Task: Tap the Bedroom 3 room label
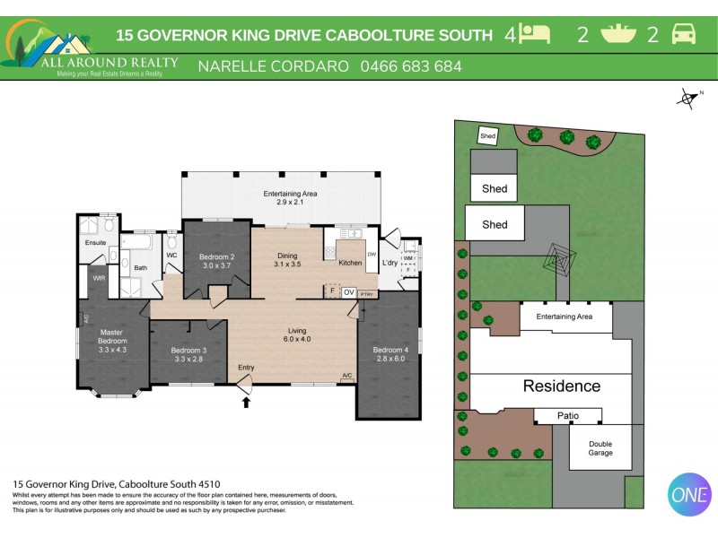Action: (x=189, y=351)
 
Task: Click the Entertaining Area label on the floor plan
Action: (x=290, y=194)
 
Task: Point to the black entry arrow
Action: (x=246, y=403)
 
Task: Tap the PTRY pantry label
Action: (x=365, y=293)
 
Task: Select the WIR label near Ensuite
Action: (x=99, y=278)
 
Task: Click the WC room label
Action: (x=171, y=256)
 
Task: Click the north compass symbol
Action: (x=688, y=99)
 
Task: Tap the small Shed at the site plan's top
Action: (x=488, y=136)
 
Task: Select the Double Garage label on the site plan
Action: (x=600, y=448)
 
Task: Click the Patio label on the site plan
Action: (x=567, y=416)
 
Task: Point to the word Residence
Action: (x=562, y=386)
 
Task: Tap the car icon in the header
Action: (x=683, y=35)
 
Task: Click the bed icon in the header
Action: (x=536, y=35)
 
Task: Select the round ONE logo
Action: (x=689, y=494)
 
